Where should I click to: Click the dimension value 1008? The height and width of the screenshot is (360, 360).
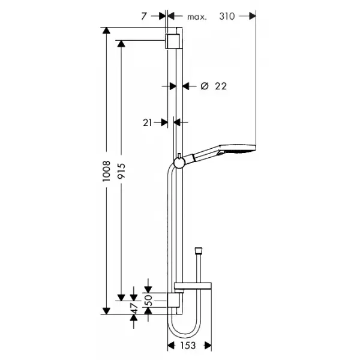pyautogui.click(x=107, y=171)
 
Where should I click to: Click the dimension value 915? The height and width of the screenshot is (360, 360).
pyautogui.click(x=121, y=171)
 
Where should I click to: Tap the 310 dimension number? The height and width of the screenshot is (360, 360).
pyautogui.click(x=227, y=16)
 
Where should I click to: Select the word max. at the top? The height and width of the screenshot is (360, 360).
pyautogui.click(x=197, y=17)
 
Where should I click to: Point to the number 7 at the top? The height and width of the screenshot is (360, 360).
pyautogui.click(x=144, y=16)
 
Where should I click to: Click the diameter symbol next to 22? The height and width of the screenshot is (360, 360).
pyautogui.click(x=205, y=86)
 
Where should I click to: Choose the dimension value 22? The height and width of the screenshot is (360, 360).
pyautogui.click(x=221, y=86)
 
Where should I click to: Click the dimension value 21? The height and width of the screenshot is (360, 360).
pyautogui.click(x=148, y=122)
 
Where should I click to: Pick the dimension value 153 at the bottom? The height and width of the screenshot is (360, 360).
pyautogui.click(x=188, y=346)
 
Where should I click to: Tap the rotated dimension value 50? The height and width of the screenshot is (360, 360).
pyautogui.click(x=149, y=301)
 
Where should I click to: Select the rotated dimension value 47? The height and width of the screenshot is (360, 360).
pyautogui.click(x=134, y=308)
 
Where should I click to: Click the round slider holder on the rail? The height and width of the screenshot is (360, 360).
pyautogui.click(x=179, y=163)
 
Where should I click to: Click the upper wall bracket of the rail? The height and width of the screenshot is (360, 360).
pyautogui.click(x=173, y=41)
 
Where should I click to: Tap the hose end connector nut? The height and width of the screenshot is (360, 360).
pyautogui.click(x=198, y=251)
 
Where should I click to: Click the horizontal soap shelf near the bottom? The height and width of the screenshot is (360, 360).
pyautogui.click(x=193, y=286)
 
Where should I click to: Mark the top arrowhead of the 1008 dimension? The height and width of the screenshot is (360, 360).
pyautogui.click(x=106, y=31)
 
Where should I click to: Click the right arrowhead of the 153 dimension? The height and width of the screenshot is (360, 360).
pyautogui.click(x=208, y=346)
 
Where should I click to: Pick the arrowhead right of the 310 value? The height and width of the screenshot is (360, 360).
pyautogui.click(x=253, y=16)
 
